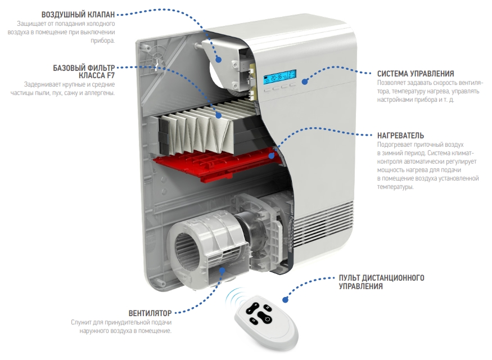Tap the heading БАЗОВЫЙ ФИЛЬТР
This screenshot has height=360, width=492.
coord(84,67)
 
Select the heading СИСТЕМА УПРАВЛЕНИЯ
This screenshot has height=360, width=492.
coord(415,74)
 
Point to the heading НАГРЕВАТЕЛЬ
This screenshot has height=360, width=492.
coord(400,136)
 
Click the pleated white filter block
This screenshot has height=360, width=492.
coord(197,132)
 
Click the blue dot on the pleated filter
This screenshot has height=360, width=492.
coord(219,115)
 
